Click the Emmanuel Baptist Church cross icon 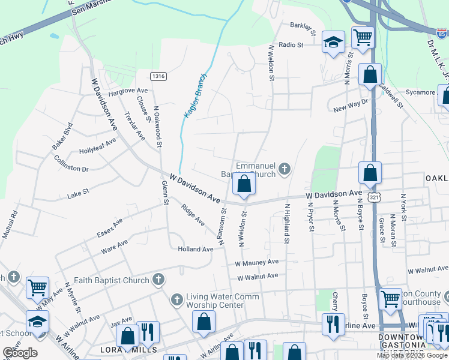[285, 169]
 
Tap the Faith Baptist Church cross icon [158, 280]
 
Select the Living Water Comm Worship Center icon [176, 299]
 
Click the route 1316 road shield [158, 76]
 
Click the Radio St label [292, 45]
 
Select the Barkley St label [303, 26]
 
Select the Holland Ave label [195, 249]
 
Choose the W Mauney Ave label [257, 262]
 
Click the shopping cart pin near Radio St [363, 38]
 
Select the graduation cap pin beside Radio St [333, 43]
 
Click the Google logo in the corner [20, 353]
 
